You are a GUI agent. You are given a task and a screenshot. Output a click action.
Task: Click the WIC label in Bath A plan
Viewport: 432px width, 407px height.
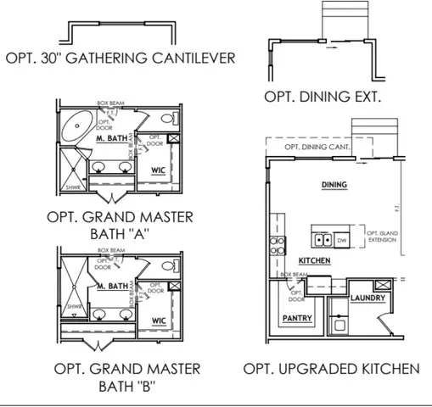tap(158, 170)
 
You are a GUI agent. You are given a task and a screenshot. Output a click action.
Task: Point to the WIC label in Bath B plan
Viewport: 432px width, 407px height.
tap(158, 321)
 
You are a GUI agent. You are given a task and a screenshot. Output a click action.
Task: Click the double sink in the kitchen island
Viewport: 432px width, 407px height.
tap(323, 240)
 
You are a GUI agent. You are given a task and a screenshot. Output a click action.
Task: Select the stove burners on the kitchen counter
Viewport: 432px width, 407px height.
tap(277, 245)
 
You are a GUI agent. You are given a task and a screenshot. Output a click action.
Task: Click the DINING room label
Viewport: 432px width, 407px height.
tap(336, 184)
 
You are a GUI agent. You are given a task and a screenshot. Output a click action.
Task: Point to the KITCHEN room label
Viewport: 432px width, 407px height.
tap(314, 261)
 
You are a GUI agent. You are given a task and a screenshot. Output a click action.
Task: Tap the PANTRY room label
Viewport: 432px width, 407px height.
tap(297, 319)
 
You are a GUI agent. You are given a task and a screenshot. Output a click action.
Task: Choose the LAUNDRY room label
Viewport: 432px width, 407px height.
tap(367, 298)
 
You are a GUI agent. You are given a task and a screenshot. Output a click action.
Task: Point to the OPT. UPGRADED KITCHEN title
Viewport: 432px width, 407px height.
tap(331, 369)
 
